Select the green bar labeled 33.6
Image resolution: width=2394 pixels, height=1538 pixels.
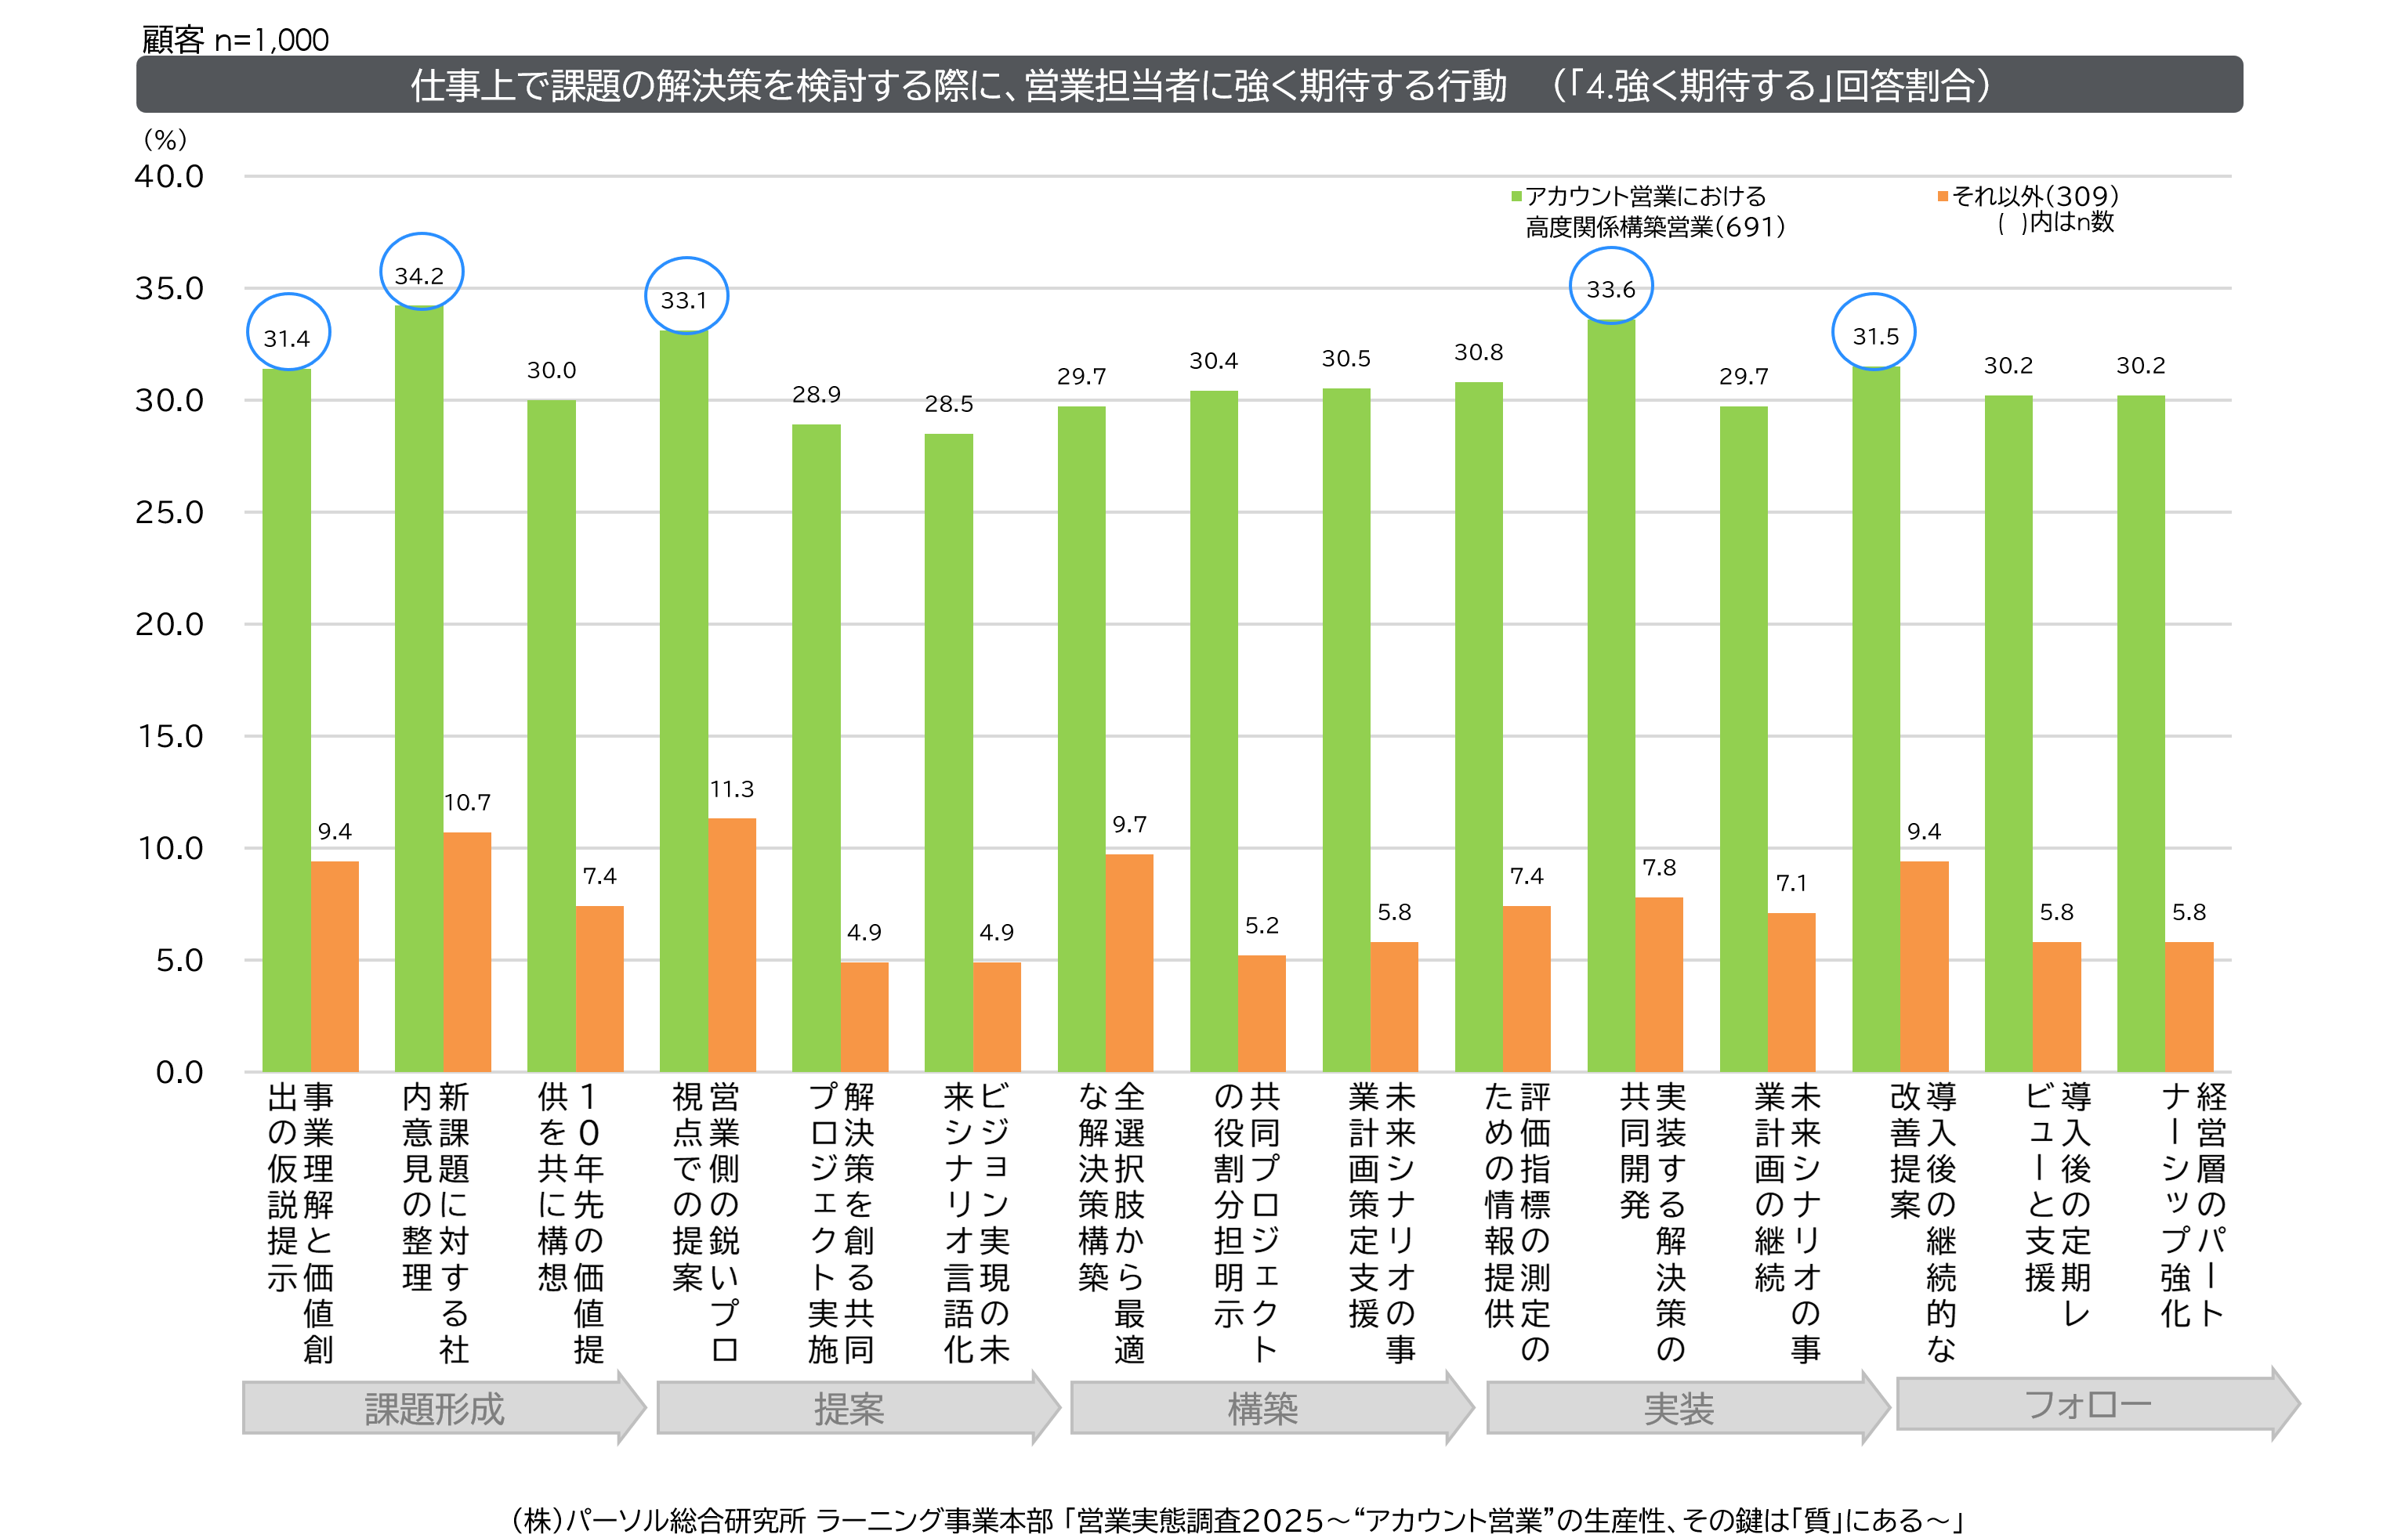tap(1610, 699)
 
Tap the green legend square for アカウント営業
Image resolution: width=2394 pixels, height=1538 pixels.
tap(1516, 197)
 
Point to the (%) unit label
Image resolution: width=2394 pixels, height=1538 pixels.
tap(165, 139)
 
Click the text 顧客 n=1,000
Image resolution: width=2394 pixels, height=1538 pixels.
tap(235, 40)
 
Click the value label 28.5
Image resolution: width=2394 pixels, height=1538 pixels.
tap(948, 403)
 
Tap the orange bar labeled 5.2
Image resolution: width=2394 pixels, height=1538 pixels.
tap(1261, 1013)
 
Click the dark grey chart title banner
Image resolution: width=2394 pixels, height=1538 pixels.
tap(1189, 85)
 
